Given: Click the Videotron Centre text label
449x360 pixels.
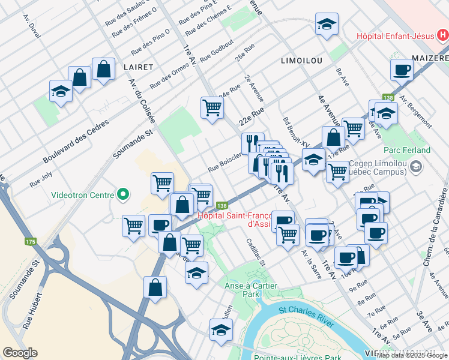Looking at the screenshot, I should tap(82, 194).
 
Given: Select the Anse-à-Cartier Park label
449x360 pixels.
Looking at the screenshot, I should tap(250, 291).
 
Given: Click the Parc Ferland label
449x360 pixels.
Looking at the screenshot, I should tap(408, 150).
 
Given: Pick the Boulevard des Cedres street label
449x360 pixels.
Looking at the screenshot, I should tap(76, 142).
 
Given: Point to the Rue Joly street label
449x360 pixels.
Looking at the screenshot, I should tap(41, 180).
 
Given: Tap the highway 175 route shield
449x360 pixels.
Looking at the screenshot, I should tap(31, 242).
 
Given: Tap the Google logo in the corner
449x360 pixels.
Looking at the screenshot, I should tap(20, 353).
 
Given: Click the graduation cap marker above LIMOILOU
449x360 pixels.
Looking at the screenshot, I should tap(327, 25).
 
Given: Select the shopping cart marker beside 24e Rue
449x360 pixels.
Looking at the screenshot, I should tap(212, 108).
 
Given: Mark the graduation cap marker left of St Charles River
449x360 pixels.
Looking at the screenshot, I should tap(221, 330).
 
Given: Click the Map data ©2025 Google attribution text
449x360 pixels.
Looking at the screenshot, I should tap(412, 355).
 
